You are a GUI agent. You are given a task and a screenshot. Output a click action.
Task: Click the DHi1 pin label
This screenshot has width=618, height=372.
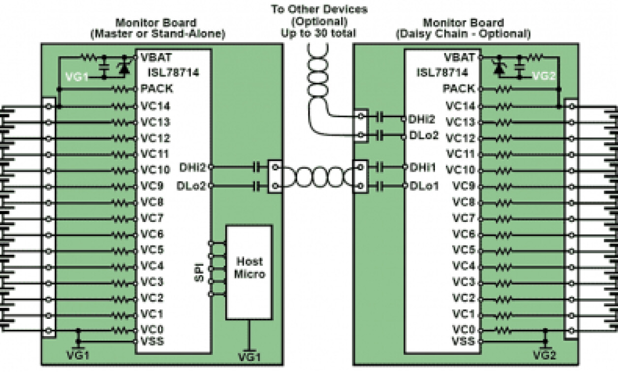(423, 168)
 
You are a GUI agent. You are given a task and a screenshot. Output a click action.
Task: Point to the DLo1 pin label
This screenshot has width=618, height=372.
(423, 186)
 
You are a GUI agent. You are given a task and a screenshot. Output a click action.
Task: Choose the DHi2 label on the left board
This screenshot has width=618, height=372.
(194, 167)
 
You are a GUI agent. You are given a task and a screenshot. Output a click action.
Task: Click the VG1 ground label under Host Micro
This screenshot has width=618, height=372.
(249, 356)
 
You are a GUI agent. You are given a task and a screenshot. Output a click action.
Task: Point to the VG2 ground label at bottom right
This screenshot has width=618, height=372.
(545, 355)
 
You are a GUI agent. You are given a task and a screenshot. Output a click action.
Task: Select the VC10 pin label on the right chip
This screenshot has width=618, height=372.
(460, 170)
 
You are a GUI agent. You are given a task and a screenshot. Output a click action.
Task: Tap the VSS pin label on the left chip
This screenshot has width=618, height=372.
(152, 341)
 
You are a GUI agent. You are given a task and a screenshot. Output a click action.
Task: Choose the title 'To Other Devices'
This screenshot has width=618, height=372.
(319, 9)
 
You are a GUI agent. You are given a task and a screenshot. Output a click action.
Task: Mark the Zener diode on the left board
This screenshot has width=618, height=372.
(124, 69)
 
